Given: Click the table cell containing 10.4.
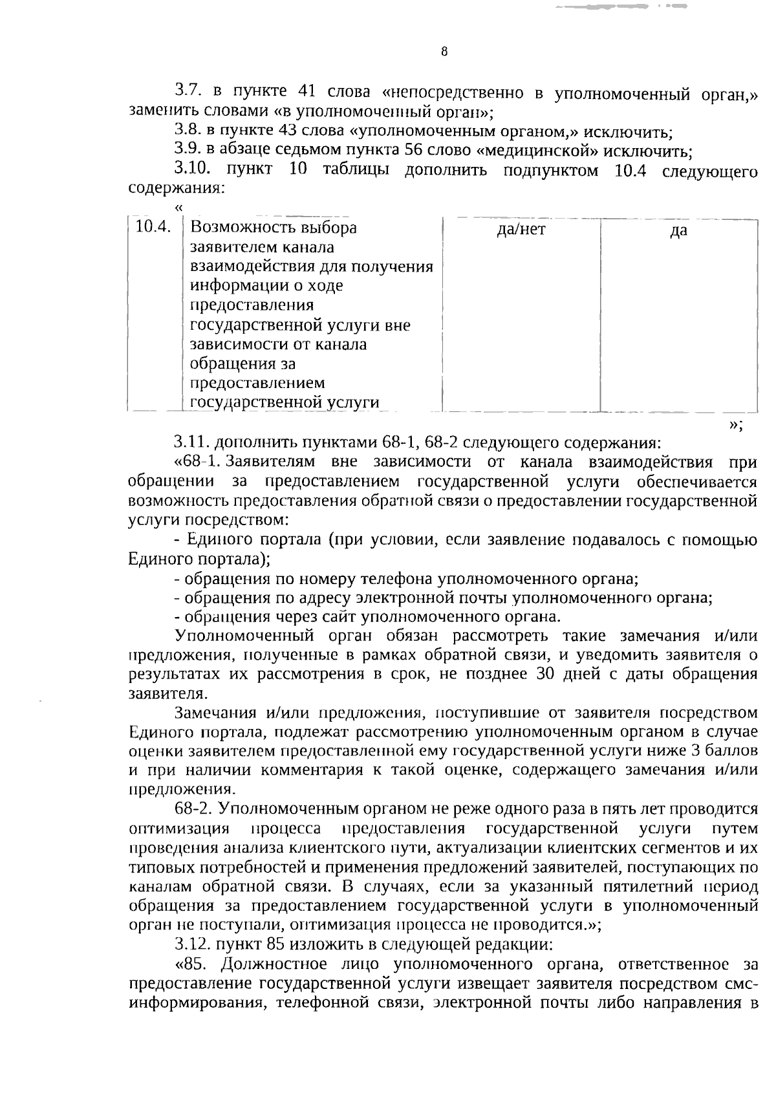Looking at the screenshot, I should point(154,228).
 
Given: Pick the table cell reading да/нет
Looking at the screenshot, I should point(521,230).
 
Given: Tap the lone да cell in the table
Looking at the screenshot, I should point(678,231).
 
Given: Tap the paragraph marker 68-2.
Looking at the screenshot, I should point(194,809).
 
